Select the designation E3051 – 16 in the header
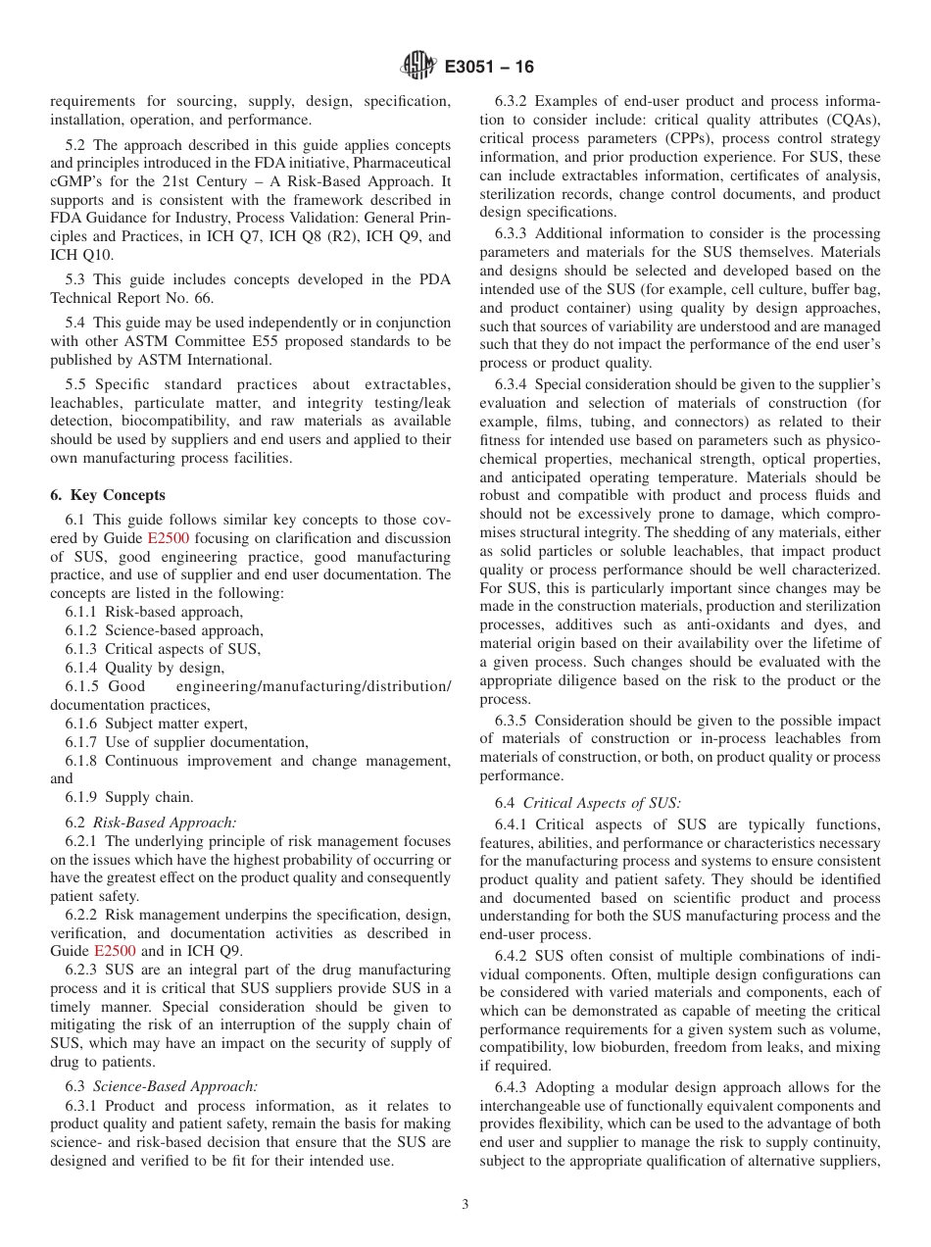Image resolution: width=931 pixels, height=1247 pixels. pos(489,68)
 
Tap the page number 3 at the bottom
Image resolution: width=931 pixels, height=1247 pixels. pos(465,1205)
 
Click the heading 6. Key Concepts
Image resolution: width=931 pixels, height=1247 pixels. pos(108,495)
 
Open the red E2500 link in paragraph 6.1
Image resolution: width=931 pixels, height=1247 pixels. pos(168,538)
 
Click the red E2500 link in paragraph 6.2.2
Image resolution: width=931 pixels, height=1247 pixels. pos(115,951)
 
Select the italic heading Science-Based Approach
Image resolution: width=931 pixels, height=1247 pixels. pos(175,1085)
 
